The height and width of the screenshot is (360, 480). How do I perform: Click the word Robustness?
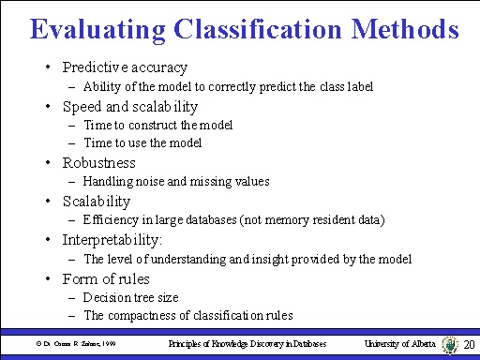pos(98,162)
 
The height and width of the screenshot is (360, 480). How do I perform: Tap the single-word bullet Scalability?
pos(97,201)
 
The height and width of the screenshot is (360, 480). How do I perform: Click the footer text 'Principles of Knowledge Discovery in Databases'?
pos(247,344)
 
